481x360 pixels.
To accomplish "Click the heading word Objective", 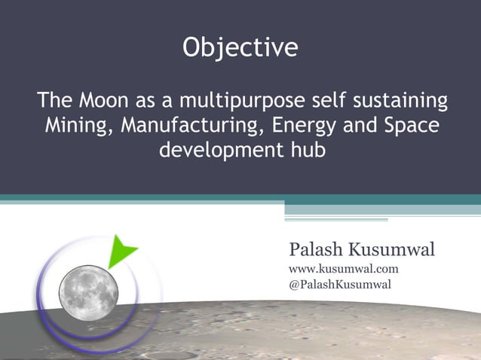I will coord(240,49).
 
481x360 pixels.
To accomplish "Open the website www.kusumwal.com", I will coord(344,268).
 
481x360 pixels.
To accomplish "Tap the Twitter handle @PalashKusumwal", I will coord(340,284).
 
